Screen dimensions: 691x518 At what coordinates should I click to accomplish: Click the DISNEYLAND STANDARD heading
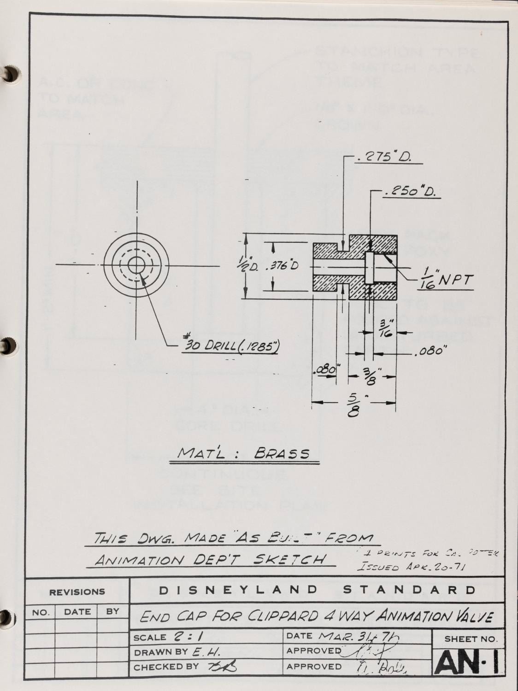click(317, 590)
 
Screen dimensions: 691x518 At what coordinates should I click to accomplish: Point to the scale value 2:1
click(185, 637)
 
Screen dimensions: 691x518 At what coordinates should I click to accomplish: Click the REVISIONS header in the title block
click(77, 592)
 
